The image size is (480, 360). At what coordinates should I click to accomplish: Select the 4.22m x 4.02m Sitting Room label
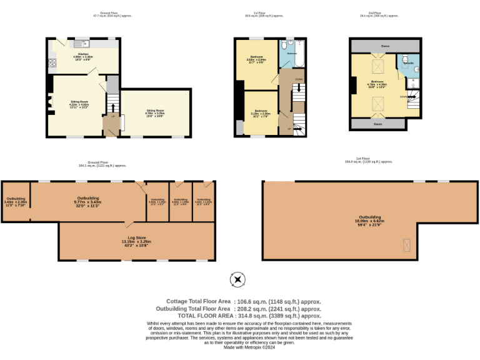(79, 103)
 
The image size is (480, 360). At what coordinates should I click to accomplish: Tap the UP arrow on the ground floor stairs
(113, 116)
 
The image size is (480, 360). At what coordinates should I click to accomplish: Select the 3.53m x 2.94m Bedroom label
(257, 59)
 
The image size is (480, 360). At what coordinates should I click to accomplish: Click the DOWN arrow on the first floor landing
(299, 79)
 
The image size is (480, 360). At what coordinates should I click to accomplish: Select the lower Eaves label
(377, 124)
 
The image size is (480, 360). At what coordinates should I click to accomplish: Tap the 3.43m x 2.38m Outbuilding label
(15, 201)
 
